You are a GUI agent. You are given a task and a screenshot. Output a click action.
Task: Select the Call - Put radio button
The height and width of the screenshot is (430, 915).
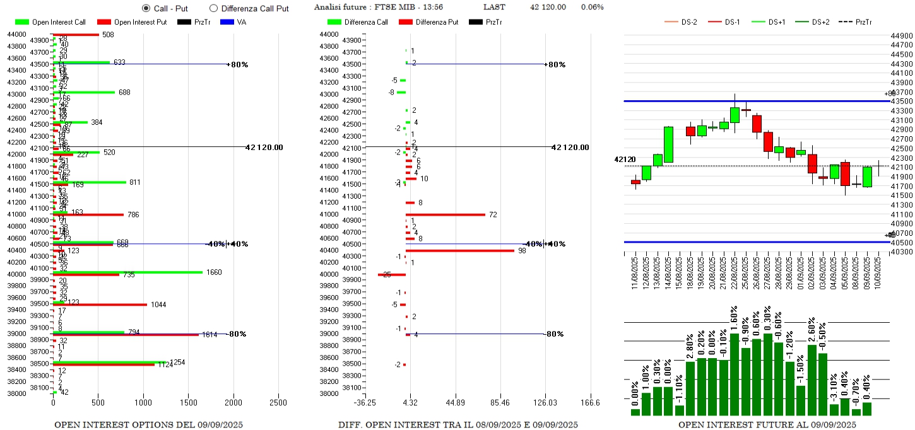pos(146,8)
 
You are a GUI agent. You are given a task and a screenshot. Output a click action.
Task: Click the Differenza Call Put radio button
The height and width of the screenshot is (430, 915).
pos(213,8)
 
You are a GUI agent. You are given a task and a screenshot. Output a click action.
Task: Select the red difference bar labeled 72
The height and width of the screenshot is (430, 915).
pos(446,214)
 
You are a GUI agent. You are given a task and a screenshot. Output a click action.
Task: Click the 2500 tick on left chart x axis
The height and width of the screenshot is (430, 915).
pos(278,404)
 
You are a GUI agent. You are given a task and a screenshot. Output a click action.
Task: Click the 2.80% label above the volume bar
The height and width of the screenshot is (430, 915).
pos(690,344)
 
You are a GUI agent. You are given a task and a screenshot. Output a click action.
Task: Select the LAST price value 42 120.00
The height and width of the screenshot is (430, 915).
pos(548,7)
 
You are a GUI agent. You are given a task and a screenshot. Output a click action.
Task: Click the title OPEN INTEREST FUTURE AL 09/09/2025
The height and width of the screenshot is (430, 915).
pos(767,425)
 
